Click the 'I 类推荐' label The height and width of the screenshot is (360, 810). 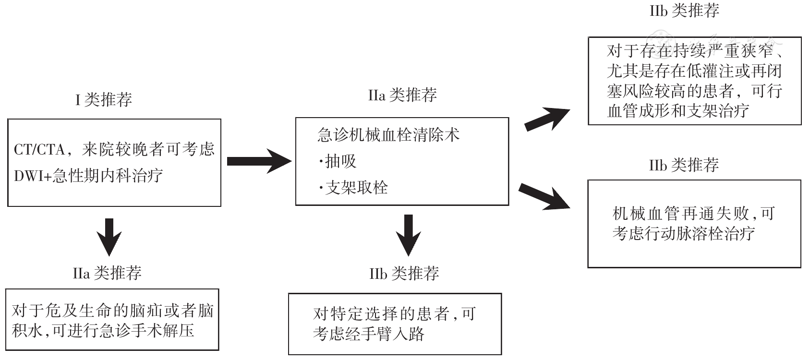tap(104, 100)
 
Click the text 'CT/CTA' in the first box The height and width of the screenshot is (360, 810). tap(39, 150)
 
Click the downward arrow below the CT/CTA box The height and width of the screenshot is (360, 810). tap(109, 236)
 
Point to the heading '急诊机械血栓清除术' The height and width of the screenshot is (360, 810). tap(388, 135)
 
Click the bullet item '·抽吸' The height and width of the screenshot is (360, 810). tap(338, 161)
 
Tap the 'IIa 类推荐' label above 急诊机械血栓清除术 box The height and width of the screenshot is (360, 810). tap(402, 95)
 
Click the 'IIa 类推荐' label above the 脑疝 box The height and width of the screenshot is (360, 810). tap(107, 273)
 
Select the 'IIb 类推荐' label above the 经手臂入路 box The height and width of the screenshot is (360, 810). tap(404, 274)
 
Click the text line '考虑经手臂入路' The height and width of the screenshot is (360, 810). tap(368, 334)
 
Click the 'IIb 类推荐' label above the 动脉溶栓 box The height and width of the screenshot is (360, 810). tap(684, 166)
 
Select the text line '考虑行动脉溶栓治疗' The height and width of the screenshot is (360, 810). tap(683, 234)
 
